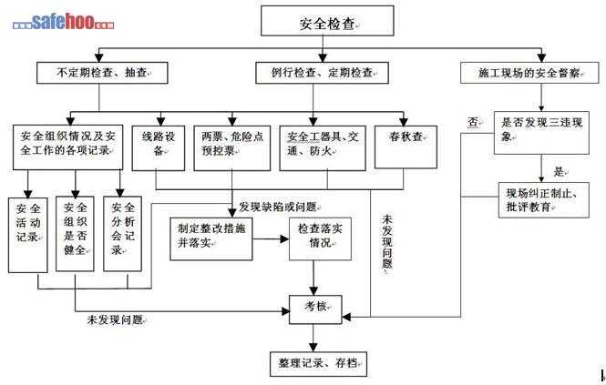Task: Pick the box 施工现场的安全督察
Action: pos(522,71)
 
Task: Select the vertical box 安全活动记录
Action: pos(25,233)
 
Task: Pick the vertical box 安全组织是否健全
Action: pos(76,233)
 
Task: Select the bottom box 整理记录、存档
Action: pos(314,363)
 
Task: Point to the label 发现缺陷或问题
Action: pos(278,206)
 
